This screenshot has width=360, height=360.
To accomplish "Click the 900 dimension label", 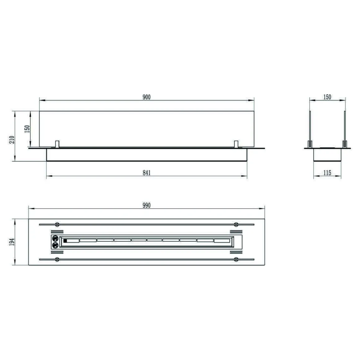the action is (x=146, y=97).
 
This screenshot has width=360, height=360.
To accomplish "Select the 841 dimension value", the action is (x=146, y=173).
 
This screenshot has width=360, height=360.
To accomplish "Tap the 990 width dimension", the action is (x=146, y=205).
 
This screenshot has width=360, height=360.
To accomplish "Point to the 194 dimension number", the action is (x=12, y=242).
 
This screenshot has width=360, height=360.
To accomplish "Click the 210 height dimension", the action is (x=12, y=140).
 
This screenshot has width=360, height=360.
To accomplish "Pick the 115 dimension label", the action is (x=327, y=173).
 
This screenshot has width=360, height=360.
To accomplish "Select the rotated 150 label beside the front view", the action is (x=27, y=129).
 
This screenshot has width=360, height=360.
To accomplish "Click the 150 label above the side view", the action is (x=327, y=97).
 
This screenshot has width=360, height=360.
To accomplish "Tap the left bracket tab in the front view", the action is (x=57, y=144).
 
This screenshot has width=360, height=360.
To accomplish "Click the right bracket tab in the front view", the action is (x=236, y=144).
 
